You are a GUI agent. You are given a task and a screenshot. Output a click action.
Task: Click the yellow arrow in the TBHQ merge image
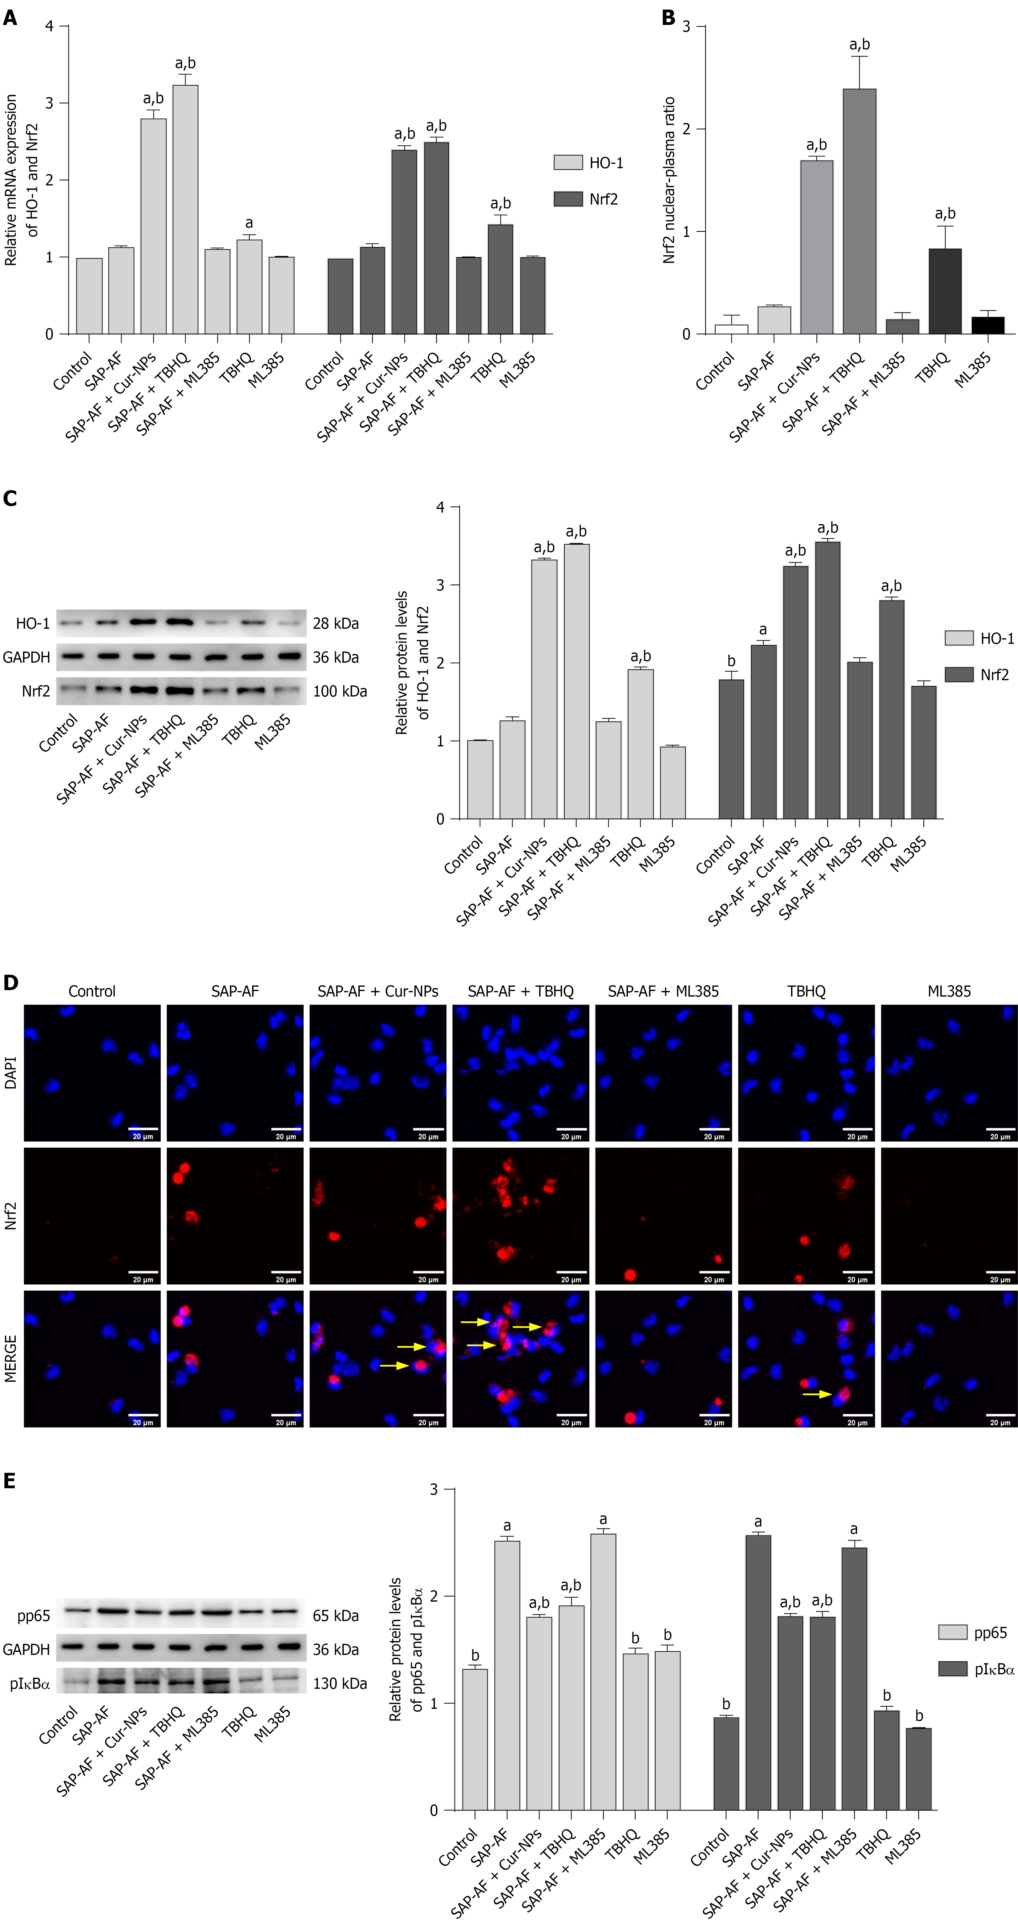[817, 1394]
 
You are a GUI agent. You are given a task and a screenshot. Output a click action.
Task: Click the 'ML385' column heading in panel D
[949, 991]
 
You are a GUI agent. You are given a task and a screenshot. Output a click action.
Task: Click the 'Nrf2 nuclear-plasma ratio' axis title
[669, 180]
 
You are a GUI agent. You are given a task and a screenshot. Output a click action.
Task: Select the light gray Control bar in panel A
[90, 296]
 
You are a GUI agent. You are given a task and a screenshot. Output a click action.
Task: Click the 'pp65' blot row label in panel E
[34, 1616]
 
